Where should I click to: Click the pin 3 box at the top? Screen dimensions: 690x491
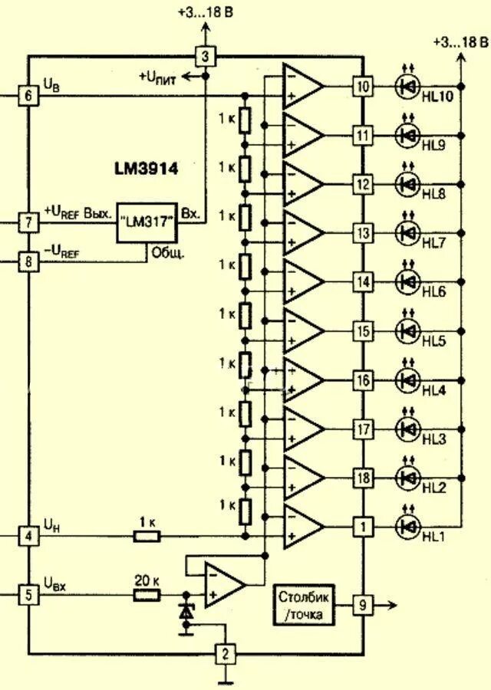(x=205, y=56)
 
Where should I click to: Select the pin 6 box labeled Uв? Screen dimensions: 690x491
(x=28, y=95)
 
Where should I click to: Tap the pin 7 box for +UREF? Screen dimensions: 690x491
(x=28, y=222)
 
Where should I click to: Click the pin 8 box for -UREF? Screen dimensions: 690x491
(x=28, y=262)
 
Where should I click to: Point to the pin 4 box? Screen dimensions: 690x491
(x=28, y=535)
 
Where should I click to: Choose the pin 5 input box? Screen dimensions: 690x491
(x=28, y=594)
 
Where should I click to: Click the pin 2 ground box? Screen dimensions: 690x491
(x=224, y=654)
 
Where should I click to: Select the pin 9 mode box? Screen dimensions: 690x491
(x=362, y=606)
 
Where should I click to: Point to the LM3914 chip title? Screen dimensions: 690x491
(x=146, y=169)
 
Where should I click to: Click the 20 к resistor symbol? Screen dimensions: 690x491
(x=147, y=594)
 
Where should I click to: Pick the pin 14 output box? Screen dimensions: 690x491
(x=362, y=281)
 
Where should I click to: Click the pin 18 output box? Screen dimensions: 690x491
(x=362, y=478)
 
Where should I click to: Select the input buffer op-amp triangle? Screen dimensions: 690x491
(x=223, y=584)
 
